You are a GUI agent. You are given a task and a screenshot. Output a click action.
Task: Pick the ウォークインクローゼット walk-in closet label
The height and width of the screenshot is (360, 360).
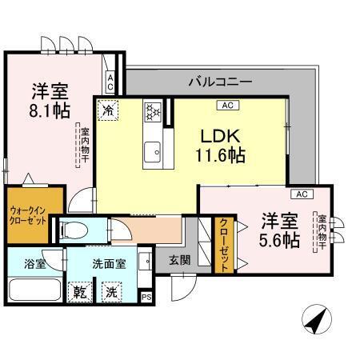26,213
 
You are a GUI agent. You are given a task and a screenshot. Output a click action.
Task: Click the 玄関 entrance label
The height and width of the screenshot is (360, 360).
179,259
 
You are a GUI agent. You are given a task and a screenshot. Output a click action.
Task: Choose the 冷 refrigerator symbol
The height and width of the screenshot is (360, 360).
108,108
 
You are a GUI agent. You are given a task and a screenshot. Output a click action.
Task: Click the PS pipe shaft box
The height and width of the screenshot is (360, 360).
146,297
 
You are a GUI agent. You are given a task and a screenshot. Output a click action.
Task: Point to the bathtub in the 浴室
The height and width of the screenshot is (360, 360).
31,290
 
